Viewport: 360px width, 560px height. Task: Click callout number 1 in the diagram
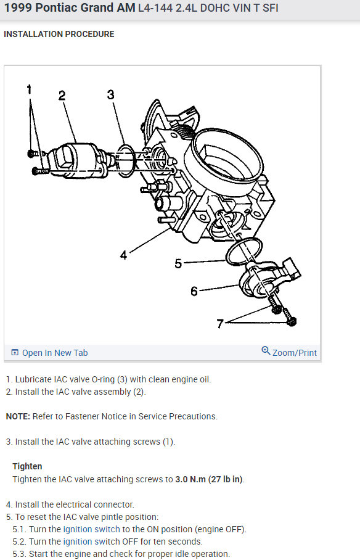30,89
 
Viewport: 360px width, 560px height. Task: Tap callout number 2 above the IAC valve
62,96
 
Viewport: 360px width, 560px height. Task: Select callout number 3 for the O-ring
111,94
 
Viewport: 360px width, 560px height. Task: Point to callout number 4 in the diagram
123,255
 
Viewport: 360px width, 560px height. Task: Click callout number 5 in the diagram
178,264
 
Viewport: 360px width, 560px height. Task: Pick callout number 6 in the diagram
194,292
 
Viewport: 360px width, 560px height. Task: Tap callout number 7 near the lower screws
220,324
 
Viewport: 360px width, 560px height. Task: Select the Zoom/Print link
294,353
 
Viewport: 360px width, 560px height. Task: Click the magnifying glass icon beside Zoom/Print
266,350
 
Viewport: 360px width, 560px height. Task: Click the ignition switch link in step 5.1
91,529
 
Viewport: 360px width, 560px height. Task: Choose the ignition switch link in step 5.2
91,541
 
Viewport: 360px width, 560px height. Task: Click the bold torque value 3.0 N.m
190,479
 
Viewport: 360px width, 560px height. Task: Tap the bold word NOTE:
18,416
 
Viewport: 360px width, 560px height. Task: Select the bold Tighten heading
27,466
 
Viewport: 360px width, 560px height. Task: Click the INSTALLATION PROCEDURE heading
59,35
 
